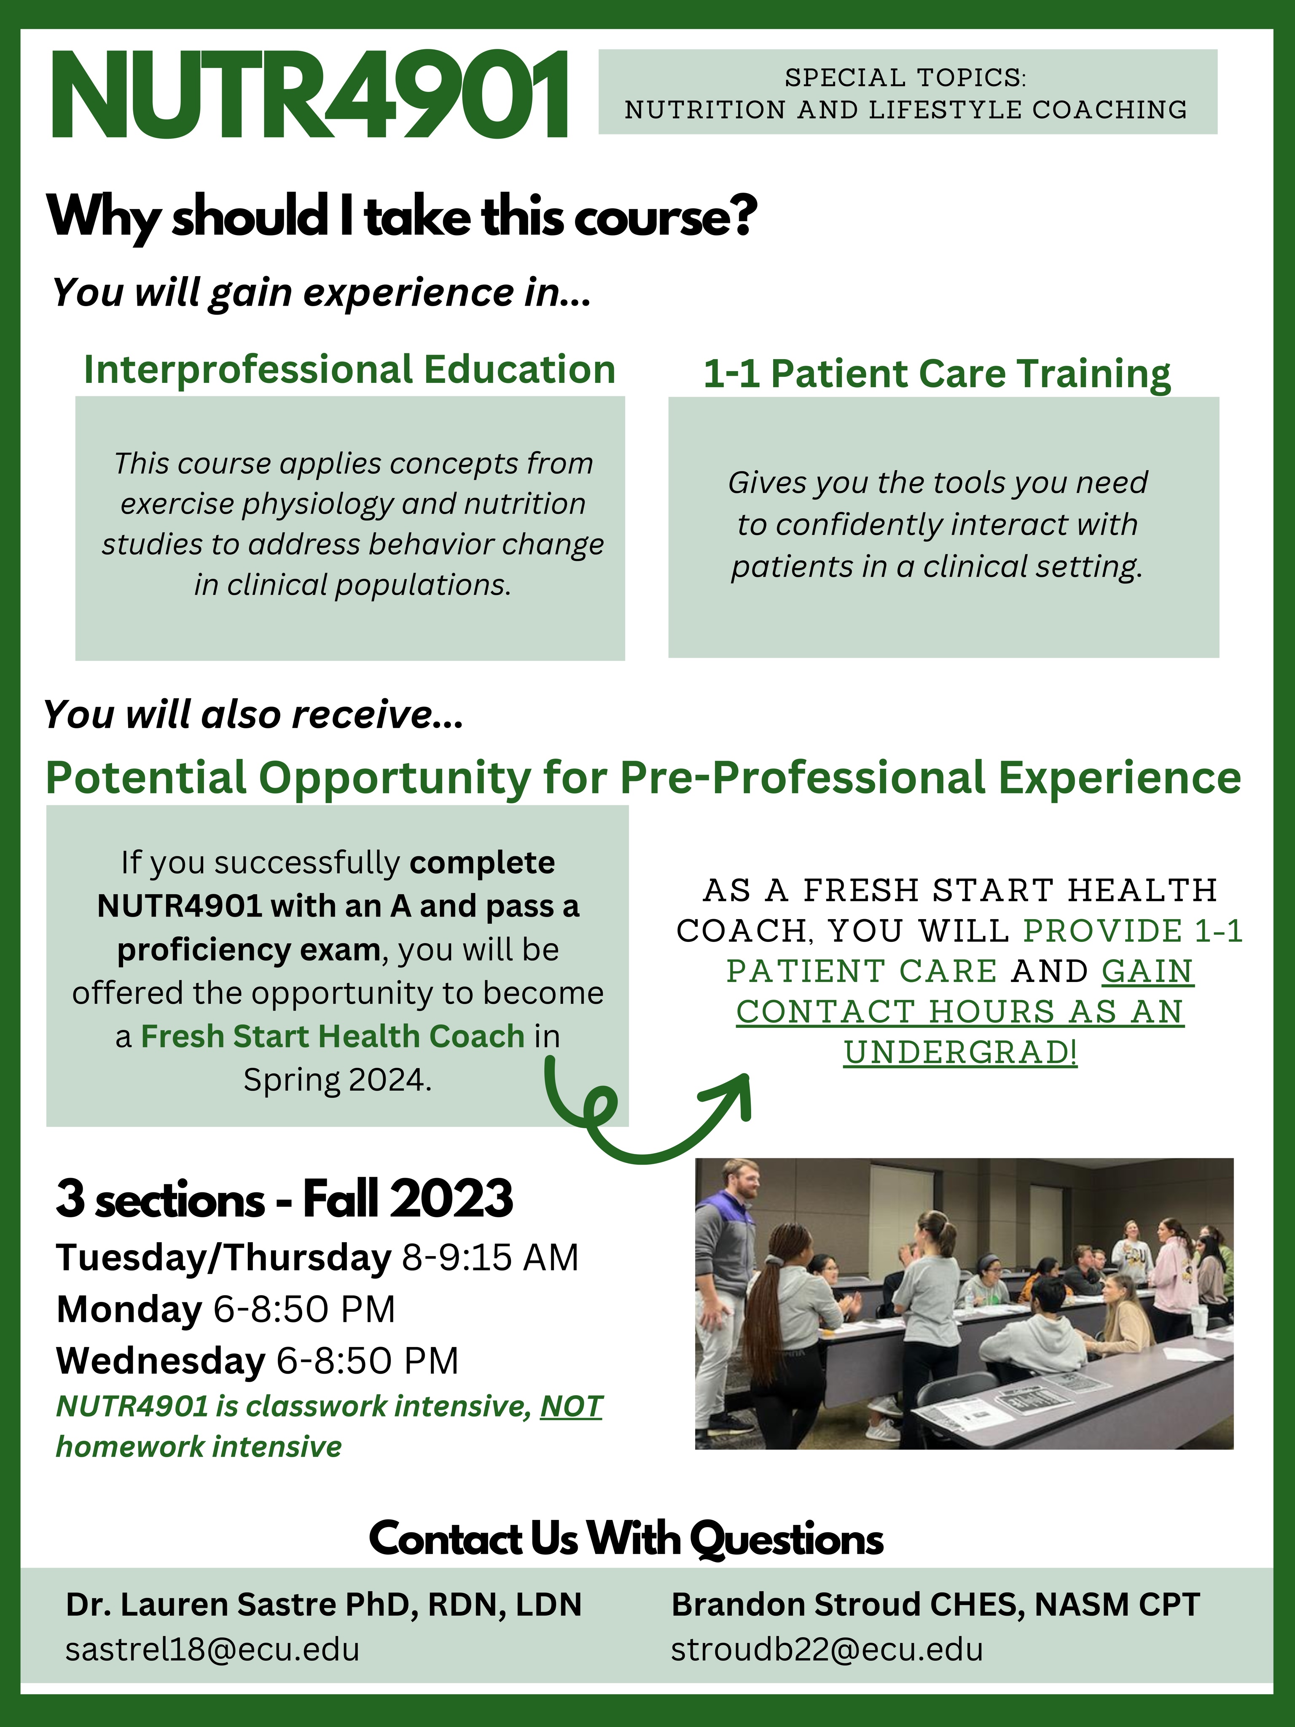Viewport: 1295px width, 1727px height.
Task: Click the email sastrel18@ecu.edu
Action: pyautogui.click(x=212, y=1650)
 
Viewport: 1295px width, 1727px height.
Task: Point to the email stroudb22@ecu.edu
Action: pyautogui.click(x=827, y=1650)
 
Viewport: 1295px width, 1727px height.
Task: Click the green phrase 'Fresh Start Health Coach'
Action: pyautogui.click(x=333, y=1036)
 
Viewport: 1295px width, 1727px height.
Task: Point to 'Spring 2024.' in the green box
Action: pyautogui.click(x=337, y=1080)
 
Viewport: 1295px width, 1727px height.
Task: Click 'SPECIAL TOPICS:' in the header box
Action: pyautogui.click(x=906, y=77)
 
